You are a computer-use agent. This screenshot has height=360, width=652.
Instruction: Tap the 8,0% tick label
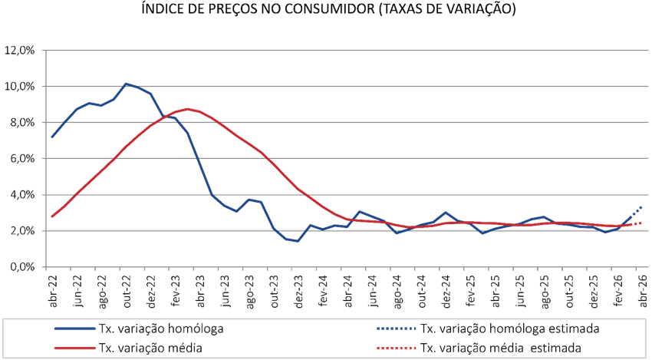(21, 123)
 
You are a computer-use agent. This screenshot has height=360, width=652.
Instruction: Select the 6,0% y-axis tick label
(21, 159)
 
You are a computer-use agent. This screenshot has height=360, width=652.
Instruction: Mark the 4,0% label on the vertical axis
(21, 195)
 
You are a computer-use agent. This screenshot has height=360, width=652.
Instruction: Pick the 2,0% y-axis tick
(21, 231)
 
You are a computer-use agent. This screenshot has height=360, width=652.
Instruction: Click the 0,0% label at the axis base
(21, 267)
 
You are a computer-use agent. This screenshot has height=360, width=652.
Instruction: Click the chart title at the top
(326, 9)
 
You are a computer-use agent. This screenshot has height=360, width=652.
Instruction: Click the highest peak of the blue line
(127, 83)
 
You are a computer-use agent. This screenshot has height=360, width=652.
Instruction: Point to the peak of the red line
(189, 109)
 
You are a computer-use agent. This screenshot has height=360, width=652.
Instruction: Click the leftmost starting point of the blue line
(51, 137)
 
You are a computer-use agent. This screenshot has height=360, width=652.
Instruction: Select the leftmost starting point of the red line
(51, 216)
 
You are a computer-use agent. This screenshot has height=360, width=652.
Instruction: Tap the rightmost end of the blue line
(641, 206)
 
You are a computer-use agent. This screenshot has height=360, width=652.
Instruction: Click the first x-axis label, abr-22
(52, 285)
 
